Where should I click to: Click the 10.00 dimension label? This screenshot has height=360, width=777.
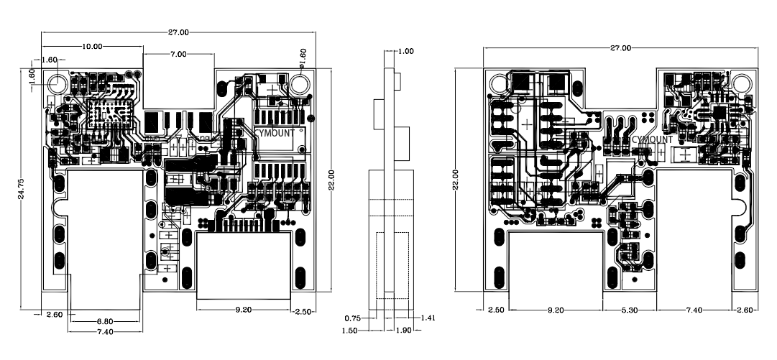tap(93, 45)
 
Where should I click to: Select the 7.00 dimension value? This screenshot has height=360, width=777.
tap(178, 54)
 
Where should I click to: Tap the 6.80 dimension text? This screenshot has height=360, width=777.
tap(105, 321)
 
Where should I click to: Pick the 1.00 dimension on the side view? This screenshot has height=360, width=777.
tap(405, 51)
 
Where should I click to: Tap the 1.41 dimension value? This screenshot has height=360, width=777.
tap(428, 318)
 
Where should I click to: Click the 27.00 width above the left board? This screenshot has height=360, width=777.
tap(178, 32)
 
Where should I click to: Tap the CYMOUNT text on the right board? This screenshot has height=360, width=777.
tap(653, 139)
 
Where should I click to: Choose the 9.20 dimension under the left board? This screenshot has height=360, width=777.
tap(243, 310)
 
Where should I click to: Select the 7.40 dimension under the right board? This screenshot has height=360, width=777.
tap(694, 310)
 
